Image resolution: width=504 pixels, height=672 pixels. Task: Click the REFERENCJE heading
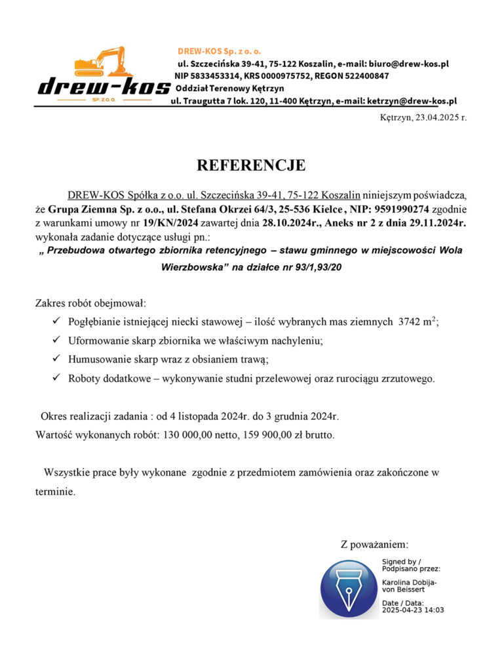click(252, 165)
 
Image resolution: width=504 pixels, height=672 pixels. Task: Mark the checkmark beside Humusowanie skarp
click(56, 359)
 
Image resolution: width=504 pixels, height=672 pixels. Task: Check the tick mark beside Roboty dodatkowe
click(56, 378)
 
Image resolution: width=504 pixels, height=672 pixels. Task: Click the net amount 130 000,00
click(195, 435)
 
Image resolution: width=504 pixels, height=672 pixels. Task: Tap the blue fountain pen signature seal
click(349, 588)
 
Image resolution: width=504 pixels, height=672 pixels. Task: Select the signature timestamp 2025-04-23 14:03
click(413, 610)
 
